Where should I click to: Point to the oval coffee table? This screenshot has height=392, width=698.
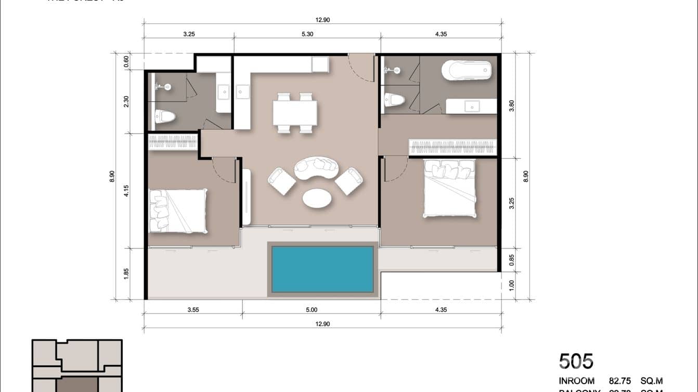[x=316, y=198]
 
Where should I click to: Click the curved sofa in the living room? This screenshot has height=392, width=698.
[x=317, y=167]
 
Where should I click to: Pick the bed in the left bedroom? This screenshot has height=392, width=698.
[x=177, y=210]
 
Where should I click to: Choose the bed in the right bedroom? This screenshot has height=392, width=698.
[x=449, y=188]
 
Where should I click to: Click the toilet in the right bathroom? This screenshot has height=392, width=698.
[x=394, y=100]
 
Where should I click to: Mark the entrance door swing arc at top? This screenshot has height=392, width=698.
[x=360, y=68]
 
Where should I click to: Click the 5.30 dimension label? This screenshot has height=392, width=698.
[x=307, y=34]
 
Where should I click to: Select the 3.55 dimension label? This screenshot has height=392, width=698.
[x=192, y=310]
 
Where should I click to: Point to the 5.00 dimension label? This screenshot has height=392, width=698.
[x=311, y=310]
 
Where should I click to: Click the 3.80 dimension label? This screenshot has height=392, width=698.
[x=512, y=106]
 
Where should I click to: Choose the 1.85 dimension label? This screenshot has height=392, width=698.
[x=126, y=273]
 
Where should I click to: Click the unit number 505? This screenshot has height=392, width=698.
[x=576, y=361]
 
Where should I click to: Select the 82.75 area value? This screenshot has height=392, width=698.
[x=620, y=381]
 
